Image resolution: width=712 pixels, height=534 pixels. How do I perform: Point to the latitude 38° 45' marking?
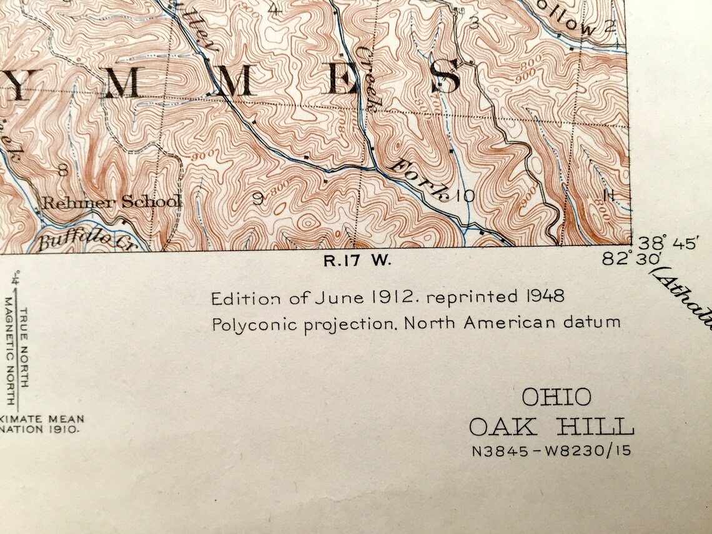pyautogui.click(x=666, y=243)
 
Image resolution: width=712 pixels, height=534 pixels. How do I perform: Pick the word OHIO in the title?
pyautogui.click(x=556, y=397)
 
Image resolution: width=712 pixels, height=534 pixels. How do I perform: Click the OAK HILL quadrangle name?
pyautogui.click(x=551, y=428)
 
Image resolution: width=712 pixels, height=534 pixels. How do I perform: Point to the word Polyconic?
pyautogui.click(x=250, y=324)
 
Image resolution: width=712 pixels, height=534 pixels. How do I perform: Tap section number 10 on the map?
pyautogui.click(x=465, y=197)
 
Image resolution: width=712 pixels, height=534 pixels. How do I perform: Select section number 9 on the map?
pyautogui.click(x=257, y=199)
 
